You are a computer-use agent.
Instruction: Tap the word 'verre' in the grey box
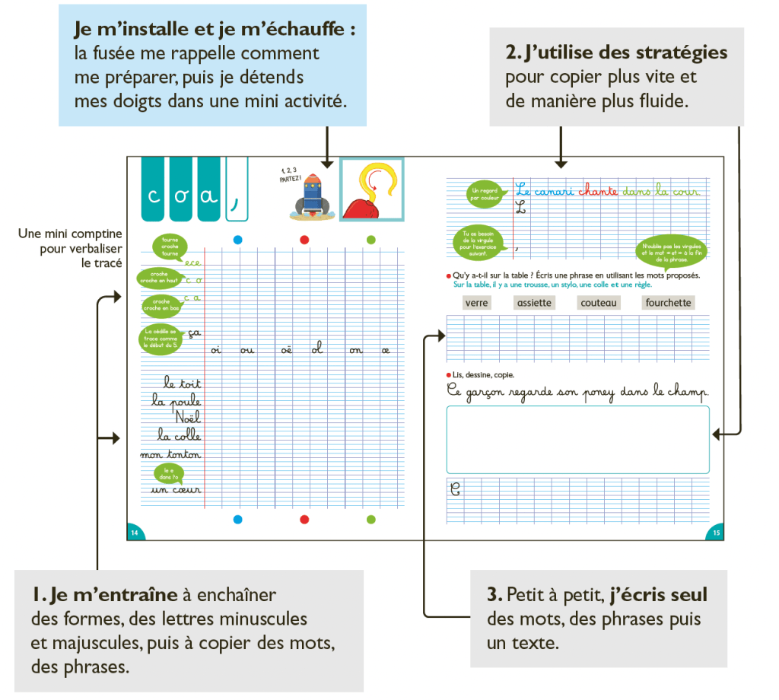[476, 303]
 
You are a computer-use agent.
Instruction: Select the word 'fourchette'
[668, 303]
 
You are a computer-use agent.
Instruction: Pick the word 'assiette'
[534, 303]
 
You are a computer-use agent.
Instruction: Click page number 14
[135, 533]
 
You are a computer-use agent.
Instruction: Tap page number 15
[716, 533]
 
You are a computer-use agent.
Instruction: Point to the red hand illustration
[370, 190]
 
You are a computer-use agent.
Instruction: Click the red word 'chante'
[598, 192]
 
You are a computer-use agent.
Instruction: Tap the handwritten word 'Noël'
[187, 418]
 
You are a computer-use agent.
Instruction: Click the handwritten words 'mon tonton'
[170, 455]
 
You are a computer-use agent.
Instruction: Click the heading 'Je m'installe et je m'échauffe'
[215, 30]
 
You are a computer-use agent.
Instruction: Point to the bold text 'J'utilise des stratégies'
[617, 52]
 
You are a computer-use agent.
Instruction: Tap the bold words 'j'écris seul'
[654, 595]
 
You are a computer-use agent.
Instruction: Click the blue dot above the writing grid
[237, 240]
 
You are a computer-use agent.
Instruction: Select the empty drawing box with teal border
[577, 440]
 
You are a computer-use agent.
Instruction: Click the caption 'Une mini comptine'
[70, 234]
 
